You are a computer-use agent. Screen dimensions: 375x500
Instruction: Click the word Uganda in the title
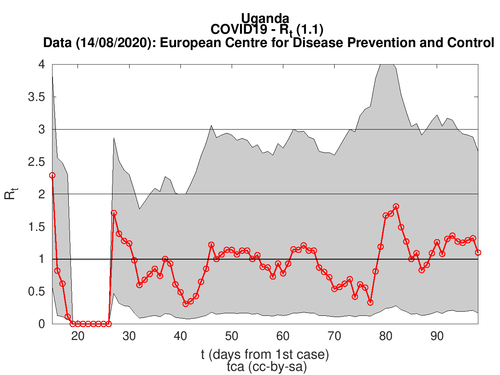(265, 18)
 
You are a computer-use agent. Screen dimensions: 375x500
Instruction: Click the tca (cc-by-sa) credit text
(265, 367)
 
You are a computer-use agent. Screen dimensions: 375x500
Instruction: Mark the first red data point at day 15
(52, 175)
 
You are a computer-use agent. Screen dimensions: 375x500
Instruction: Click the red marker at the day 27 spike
(114, 213)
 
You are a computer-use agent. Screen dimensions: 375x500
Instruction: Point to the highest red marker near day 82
(396, 207)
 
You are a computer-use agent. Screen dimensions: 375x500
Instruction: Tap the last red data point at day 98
(478, 252)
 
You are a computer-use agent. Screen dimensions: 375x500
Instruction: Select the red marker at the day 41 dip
(185, 304)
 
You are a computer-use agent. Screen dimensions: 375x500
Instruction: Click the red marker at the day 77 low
(370, 302)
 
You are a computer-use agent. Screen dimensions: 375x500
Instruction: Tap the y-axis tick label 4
(42, 65)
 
